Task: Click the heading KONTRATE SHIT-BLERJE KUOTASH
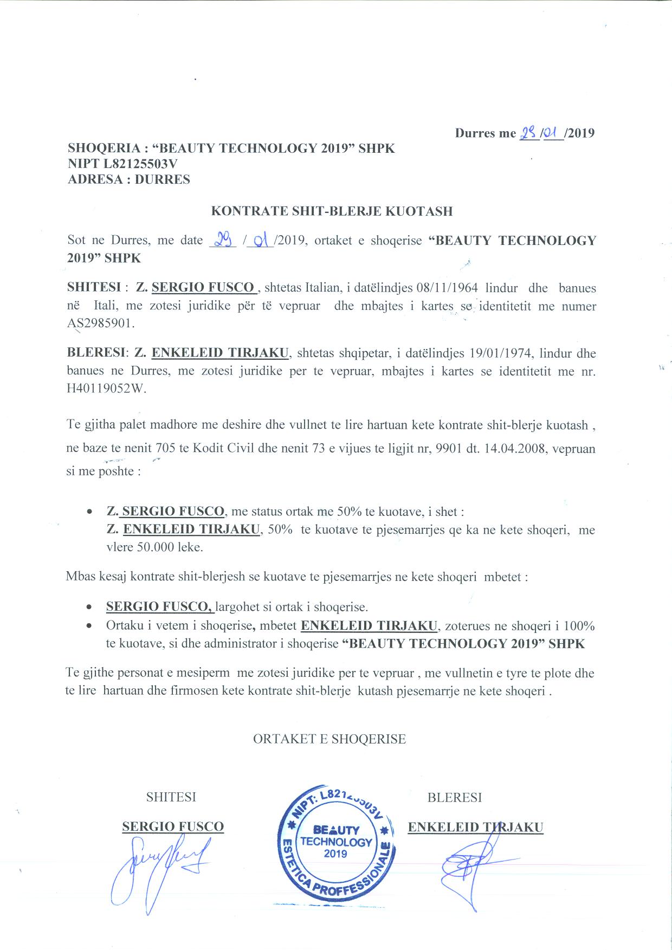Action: tap(331, 211)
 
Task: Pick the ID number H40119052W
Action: tap(106, 389)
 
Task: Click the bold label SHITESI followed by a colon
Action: tap(95, 287)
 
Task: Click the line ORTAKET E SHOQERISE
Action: tap(329, 739)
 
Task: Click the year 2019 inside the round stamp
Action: tap(335, 854)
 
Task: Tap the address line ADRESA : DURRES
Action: tap(129, 179)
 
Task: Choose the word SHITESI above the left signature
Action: tap(171, 797)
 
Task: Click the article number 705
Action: tap(164, 449)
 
